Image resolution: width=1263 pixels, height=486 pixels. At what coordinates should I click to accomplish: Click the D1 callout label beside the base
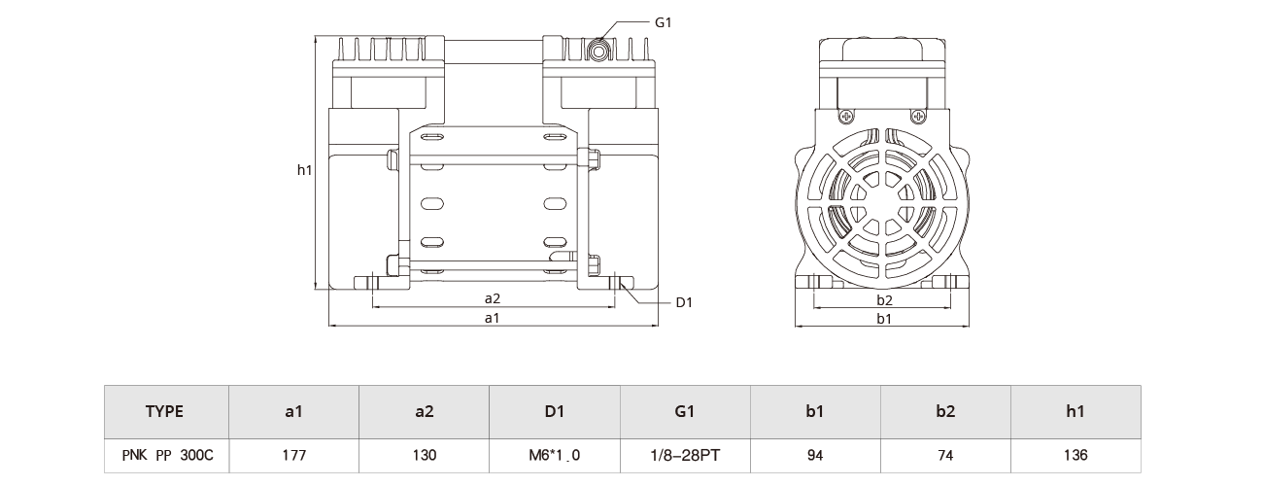683,302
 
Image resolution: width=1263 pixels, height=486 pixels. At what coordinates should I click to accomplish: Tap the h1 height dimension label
304,170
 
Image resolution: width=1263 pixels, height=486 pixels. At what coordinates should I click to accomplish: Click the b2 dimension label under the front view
884,299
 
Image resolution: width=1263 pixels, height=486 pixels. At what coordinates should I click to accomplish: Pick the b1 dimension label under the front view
884,319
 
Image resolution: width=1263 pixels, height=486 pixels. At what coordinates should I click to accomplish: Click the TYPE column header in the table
164,411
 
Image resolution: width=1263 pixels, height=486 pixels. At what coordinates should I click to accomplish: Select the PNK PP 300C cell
164,455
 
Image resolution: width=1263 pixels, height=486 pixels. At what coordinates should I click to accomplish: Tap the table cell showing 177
293,455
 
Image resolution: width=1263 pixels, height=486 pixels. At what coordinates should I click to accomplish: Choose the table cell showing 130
424,455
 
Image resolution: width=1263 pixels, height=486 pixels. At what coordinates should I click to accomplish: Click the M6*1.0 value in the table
554,455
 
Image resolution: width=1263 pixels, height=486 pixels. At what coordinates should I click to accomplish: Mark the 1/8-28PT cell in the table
685,455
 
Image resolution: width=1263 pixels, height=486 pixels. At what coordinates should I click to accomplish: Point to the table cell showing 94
814,455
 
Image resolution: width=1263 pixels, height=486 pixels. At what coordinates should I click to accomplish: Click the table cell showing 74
944,455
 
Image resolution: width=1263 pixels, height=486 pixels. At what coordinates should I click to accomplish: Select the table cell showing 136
1075,455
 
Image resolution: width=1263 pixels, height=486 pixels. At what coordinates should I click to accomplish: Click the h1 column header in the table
1075,411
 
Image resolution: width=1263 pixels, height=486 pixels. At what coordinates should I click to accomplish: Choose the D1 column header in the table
554,411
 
